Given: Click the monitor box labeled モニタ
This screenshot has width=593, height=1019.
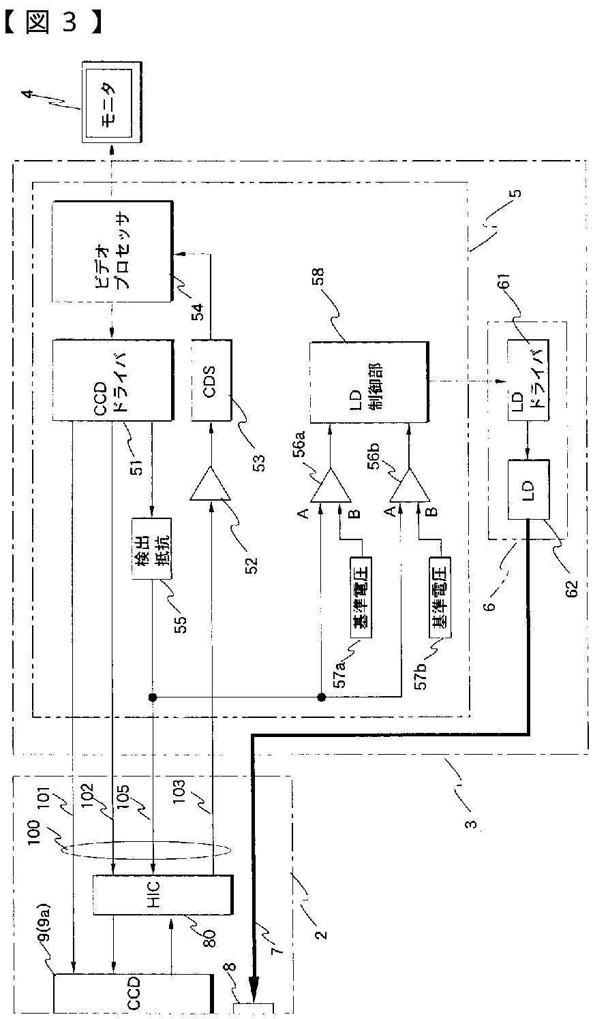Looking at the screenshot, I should pos(113,101).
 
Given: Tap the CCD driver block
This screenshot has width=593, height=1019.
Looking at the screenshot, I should pos(112,379).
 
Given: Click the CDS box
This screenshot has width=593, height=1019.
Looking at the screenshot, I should pos(211,379).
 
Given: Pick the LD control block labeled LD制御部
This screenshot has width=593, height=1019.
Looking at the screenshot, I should pos(369,381).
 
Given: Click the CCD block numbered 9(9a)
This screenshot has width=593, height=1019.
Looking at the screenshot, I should pos(132,994).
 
